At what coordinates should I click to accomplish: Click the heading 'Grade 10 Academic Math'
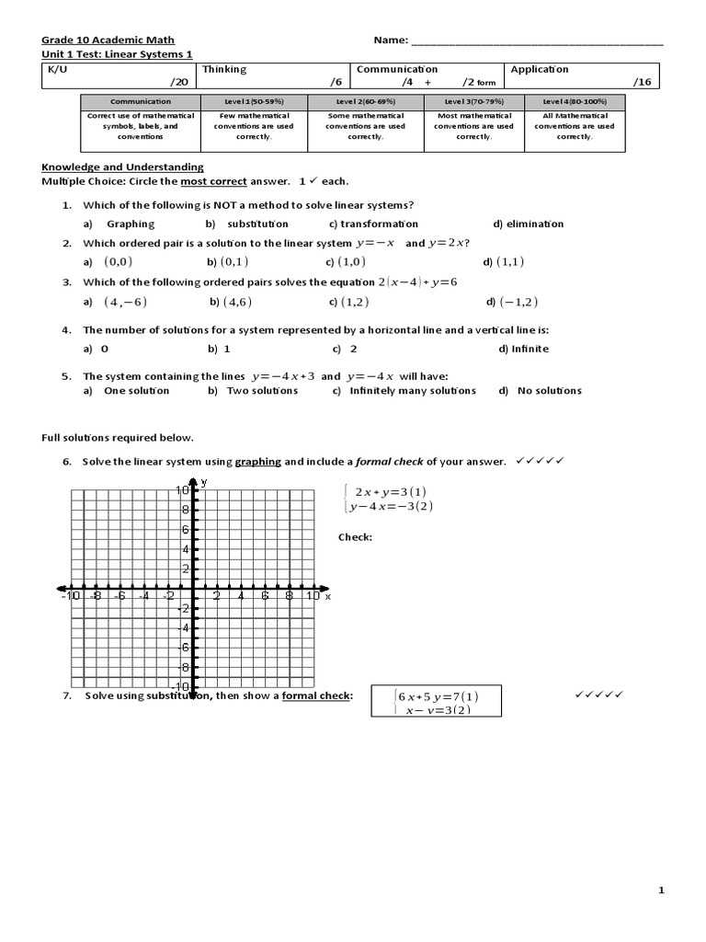(x=99, y=40)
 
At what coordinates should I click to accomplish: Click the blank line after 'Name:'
(x=537, y=41)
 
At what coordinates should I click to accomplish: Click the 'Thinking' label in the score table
(x=224, y=69)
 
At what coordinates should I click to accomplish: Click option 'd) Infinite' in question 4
(x=523, y=349)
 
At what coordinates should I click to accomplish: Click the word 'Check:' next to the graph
(x=355, y=537)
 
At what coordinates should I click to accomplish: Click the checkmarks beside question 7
(x=598, y=695)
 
